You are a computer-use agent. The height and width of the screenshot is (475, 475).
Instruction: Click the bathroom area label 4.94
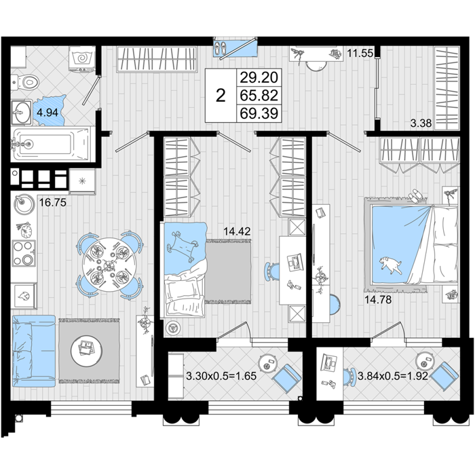[x=47, y=113]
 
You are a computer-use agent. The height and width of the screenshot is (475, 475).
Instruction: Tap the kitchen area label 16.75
[x=53, y=202]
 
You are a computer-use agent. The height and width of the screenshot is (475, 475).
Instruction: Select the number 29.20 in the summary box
[x=259, y=77]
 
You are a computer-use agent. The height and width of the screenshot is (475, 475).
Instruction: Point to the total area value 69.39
[x=259, y=113]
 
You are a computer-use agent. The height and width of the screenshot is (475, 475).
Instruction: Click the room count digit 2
[x=221, y=96]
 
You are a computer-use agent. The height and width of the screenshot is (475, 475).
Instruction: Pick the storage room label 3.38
[x=421, y=123]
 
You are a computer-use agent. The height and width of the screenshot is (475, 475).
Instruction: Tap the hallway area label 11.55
[x=360, y=54]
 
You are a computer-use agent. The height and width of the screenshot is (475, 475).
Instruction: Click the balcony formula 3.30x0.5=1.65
[x=221, y=376]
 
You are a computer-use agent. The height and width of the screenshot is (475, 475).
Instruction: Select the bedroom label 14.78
[x=378, y=300]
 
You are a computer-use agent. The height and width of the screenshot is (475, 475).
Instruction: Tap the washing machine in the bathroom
[x=82, y=59]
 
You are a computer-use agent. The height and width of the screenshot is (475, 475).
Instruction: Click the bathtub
[x=52, y=144]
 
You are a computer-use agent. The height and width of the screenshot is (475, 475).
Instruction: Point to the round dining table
[x=109, y=265]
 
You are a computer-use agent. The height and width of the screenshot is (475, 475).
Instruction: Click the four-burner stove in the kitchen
[x=24, y=253]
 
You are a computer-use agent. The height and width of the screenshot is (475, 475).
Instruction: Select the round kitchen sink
[x=24, y=204]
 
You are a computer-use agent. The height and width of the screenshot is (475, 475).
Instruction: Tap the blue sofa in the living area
[x=34, y=351]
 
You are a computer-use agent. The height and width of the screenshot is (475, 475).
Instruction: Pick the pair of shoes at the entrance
[x=221, y=48]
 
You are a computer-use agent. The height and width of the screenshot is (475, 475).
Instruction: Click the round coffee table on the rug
[x=86, y=351]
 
